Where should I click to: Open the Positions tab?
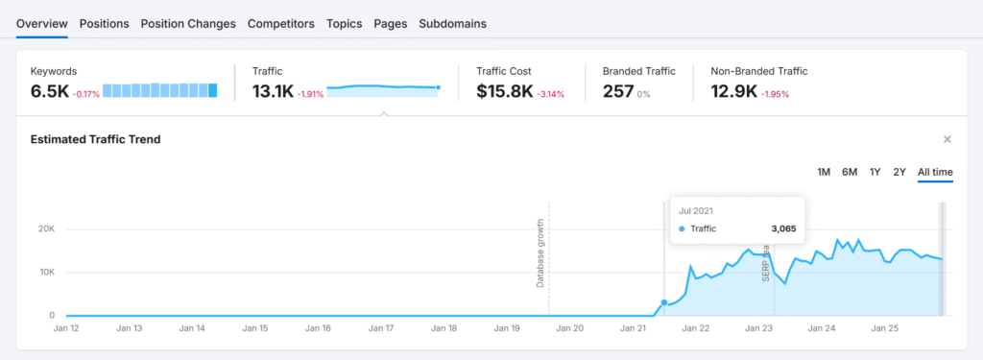click(x=104, y=23)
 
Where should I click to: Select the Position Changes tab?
click(x=188, y=23)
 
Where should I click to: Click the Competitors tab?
click(x=280, y=23)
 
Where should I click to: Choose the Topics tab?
click(x=344, y=23)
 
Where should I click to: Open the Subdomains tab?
click(x=452, y=23)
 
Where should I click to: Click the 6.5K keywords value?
click(x=49, y=91)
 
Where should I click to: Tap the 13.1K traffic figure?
click(x=273, y=91)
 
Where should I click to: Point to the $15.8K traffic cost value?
click(x=505, y=91)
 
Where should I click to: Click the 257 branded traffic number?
click(x=616, y=91)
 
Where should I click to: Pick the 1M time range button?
click(x=824, y=172)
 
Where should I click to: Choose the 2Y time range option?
click(x=899, y=172)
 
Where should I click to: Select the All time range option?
click(x=935, y=172)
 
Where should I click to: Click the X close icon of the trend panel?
click(x=947, y=139)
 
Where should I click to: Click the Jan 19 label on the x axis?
click(x=508, y=328)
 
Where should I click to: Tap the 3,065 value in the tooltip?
click(x=783, y=228)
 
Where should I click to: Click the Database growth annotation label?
click(x=540, y=252)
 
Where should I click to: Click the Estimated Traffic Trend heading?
click(x=95, y=139)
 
